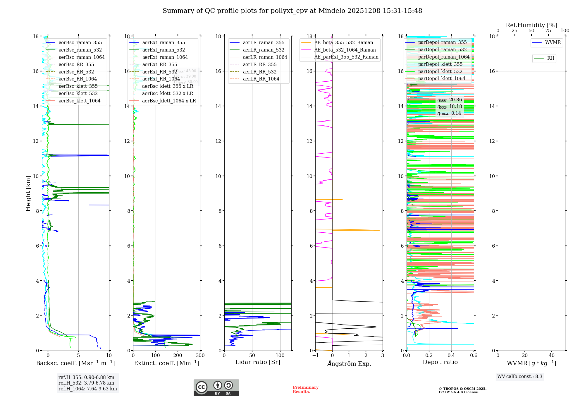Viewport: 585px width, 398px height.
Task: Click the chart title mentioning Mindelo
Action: point(292,11)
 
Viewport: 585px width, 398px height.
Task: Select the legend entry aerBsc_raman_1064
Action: point(81,57)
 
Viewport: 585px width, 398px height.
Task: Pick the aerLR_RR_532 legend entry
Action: point(259,72)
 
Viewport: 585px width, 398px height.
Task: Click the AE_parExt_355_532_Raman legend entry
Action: point(346,57)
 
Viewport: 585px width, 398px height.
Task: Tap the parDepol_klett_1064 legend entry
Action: point(441,79)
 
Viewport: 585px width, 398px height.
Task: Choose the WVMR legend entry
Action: point(553,43)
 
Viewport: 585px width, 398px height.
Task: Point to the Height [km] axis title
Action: point(28,193)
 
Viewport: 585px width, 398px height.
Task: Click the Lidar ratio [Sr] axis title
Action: point(257,362)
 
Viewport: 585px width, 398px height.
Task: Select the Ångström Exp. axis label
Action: point(349,364)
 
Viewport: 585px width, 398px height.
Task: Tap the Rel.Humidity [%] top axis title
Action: point(531,25)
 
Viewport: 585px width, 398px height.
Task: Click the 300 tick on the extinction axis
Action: point(200,356)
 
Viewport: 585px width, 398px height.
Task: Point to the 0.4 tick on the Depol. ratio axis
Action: point(451,356)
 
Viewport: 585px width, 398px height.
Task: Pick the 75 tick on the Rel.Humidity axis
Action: point(548,31)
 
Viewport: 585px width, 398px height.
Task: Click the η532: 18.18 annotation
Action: point(450,107)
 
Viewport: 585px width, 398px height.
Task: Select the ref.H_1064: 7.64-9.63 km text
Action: point(87,389)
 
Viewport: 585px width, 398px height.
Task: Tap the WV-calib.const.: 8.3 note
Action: point(519,377)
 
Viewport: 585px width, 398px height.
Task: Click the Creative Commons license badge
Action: point(216,387)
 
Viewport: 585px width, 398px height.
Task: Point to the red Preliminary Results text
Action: point(305,390)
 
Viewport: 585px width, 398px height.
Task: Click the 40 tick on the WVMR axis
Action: point(552,356)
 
